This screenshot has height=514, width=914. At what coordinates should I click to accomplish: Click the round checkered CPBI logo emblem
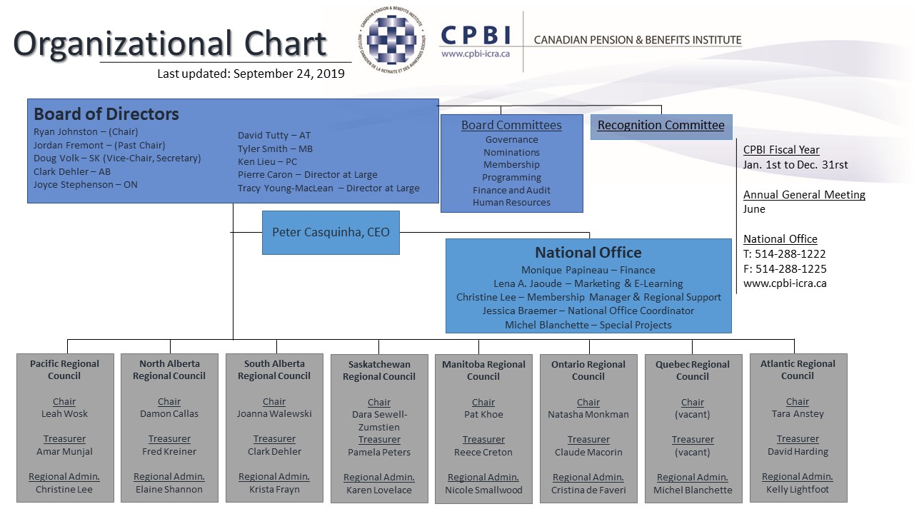click(391, 39)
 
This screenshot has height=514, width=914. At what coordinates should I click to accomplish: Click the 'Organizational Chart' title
click(170, 44)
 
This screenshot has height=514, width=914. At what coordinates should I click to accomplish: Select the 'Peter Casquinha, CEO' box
click(331, 233)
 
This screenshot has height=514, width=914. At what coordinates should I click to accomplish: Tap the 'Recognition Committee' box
click(661, 127)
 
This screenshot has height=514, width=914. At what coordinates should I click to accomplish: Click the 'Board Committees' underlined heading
click(511, 125)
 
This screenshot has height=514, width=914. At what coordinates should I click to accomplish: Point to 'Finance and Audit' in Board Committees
click(511, 190)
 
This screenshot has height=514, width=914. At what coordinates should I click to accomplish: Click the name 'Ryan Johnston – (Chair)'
click(86, 132)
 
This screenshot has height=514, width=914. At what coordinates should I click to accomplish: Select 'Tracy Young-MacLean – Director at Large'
click(328, 188)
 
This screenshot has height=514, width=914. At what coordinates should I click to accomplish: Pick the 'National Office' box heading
click(588, 253)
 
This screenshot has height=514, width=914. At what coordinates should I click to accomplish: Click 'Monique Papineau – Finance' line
click(588, 270)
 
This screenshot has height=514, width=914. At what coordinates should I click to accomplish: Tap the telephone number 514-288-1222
click(790, 253)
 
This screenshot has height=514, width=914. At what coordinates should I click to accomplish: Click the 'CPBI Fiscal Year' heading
click(781, 150)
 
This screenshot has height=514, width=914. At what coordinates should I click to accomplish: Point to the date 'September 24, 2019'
click(289, 74)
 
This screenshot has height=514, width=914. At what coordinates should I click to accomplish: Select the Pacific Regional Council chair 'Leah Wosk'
click(64, 413)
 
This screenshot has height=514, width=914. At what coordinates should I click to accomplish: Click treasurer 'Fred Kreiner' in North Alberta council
click(169, 452)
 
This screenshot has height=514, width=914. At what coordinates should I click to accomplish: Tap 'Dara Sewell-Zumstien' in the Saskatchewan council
click(379, 420)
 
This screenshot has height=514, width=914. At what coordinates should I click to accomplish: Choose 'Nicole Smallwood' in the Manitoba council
click(483, 490)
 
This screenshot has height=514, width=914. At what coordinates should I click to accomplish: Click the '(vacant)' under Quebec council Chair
click(693, 415)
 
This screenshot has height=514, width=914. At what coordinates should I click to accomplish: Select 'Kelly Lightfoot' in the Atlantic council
click(798, 489)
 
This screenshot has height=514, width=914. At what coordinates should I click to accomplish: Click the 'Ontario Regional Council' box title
click(588, 371)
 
